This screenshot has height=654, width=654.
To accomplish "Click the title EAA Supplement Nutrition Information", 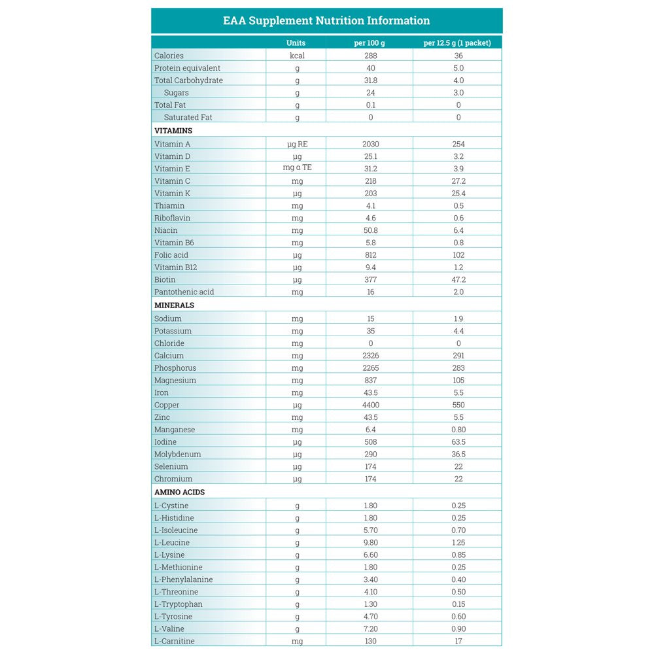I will [x=326, y=21].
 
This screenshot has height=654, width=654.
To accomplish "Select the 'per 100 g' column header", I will [x=370, y=43].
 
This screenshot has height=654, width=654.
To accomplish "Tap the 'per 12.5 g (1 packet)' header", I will [x=457, y=43].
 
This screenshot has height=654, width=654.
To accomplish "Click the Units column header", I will [x=296, y=43].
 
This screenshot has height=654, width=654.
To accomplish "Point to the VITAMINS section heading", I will [x=173, y=131].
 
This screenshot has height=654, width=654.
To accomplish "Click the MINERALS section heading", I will [x=174, y=305].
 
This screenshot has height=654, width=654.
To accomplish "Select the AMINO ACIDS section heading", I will [x=180, y=492].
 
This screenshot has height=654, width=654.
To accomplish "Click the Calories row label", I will [x=169, y=56].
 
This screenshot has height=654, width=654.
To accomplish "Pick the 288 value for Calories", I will [x=370, y=56].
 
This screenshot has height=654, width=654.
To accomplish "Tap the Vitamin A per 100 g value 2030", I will [x=370, y=144].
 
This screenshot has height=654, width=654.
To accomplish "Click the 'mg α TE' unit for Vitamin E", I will [x=297, y=168].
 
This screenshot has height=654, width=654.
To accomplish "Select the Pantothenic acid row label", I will [x=184, y=292].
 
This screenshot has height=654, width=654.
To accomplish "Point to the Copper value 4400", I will [x=370, y=405].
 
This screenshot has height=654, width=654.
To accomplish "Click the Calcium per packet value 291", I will [x=458, y=356].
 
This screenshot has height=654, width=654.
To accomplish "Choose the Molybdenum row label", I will [x=177, y=454].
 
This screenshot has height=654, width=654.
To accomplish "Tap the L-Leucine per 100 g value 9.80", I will [x=370, y=542].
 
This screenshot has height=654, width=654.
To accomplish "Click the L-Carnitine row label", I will [x=174, y=641].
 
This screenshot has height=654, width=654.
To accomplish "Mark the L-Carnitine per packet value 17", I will [x=458, y=641].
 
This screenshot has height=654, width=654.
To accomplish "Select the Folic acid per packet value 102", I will [x=458, y=255].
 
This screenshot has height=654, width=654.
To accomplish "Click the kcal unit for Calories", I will [x=297, y=56].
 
